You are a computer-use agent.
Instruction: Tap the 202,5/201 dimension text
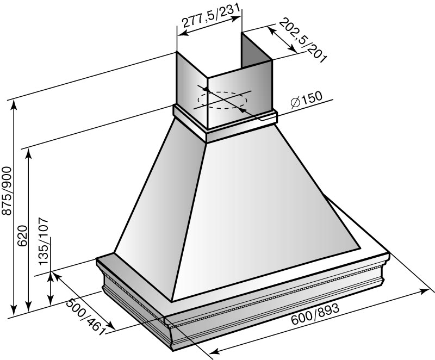[x=302, y=40]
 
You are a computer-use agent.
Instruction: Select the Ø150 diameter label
[x=306, y=99]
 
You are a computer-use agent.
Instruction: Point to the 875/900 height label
[x=7, y=191]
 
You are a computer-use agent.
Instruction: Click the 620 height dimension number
[x=22, y=236]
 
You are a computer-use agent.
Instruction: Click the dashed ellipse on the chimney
[x=222, y=100]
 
